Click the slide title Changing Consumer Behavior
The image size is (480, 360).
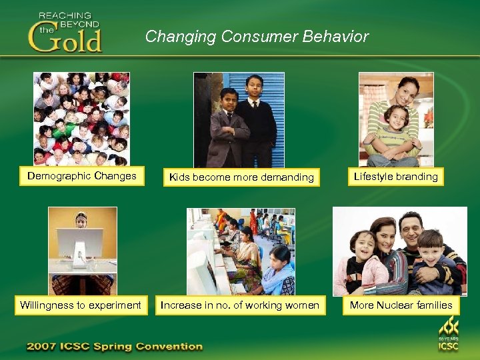(x=257, y=37)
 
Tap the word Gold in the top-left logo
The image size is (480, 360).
(x=65, y=39)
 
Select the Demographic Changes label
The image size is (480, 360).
(x=82, y=177)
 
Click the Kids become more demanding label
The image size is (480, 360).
(x=241, y=177)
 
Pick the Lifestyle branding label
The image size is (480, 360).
(x=396, y=177)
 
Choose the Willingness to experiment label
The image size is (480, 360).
(x=81, y=305)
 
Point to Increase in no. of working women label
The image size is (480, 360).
(x=240, y=305)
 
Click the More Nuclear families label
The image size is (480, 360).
(x=401, y=305)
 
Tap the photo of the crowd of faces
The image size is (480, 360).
(x=81, y=119)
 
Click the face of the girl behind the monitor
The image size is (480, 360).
(x=81, y=219)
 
